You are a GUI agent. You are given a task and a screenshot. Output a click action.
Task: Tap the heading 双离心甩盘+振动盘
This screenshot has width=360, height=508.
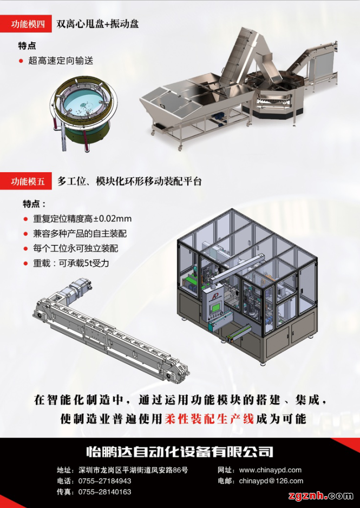tap(97, 24)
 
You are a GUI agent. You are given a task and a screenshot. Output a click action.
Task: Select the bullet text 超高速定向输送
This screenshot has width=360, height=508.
tap(61, 61)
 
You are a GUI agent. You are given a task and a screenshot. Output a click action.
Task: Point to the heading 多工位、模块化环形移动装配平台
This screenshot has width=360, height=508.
tap(129, 181)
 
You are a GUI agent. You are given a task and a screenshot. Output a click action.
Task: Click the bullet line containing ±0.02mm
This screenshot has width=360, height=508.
tap(82, 219)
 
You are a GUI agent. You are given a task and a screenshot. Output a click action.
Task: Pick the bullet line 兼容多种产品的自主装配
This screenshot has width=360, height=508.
tap(80, 234)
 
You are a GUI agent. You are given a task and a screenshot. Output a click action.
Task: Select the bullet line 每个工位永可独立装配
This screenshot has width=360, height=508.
tap(76, 248)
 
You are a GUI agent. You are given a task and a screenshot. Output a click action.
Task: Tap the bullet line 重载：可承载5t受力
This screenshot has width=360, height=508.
tap(71, 263)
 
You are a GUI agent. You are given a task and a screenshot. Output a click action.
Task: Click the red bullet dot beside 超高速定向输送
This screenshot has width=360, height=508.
tap(21, 61)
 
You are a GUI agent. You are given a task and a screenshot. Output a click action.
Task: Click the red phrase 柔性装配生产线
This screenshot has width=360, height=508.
tap(209, 419)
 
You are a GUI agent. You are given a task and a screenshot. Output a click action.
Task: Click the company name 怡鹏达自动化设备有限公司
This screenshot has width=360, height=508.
tap(180, 451)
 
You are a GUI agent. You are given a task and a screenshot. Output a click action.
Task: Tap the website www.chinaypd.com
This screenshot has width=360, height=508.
tap(270, 470)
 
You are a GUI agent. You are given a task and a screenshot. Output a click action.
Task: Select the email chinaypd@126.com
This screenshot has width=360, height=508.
tap(271, 481)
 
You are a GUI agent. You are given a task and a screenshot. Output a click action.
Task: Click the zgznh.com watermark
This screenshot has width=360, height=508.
tap(320, 496)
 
